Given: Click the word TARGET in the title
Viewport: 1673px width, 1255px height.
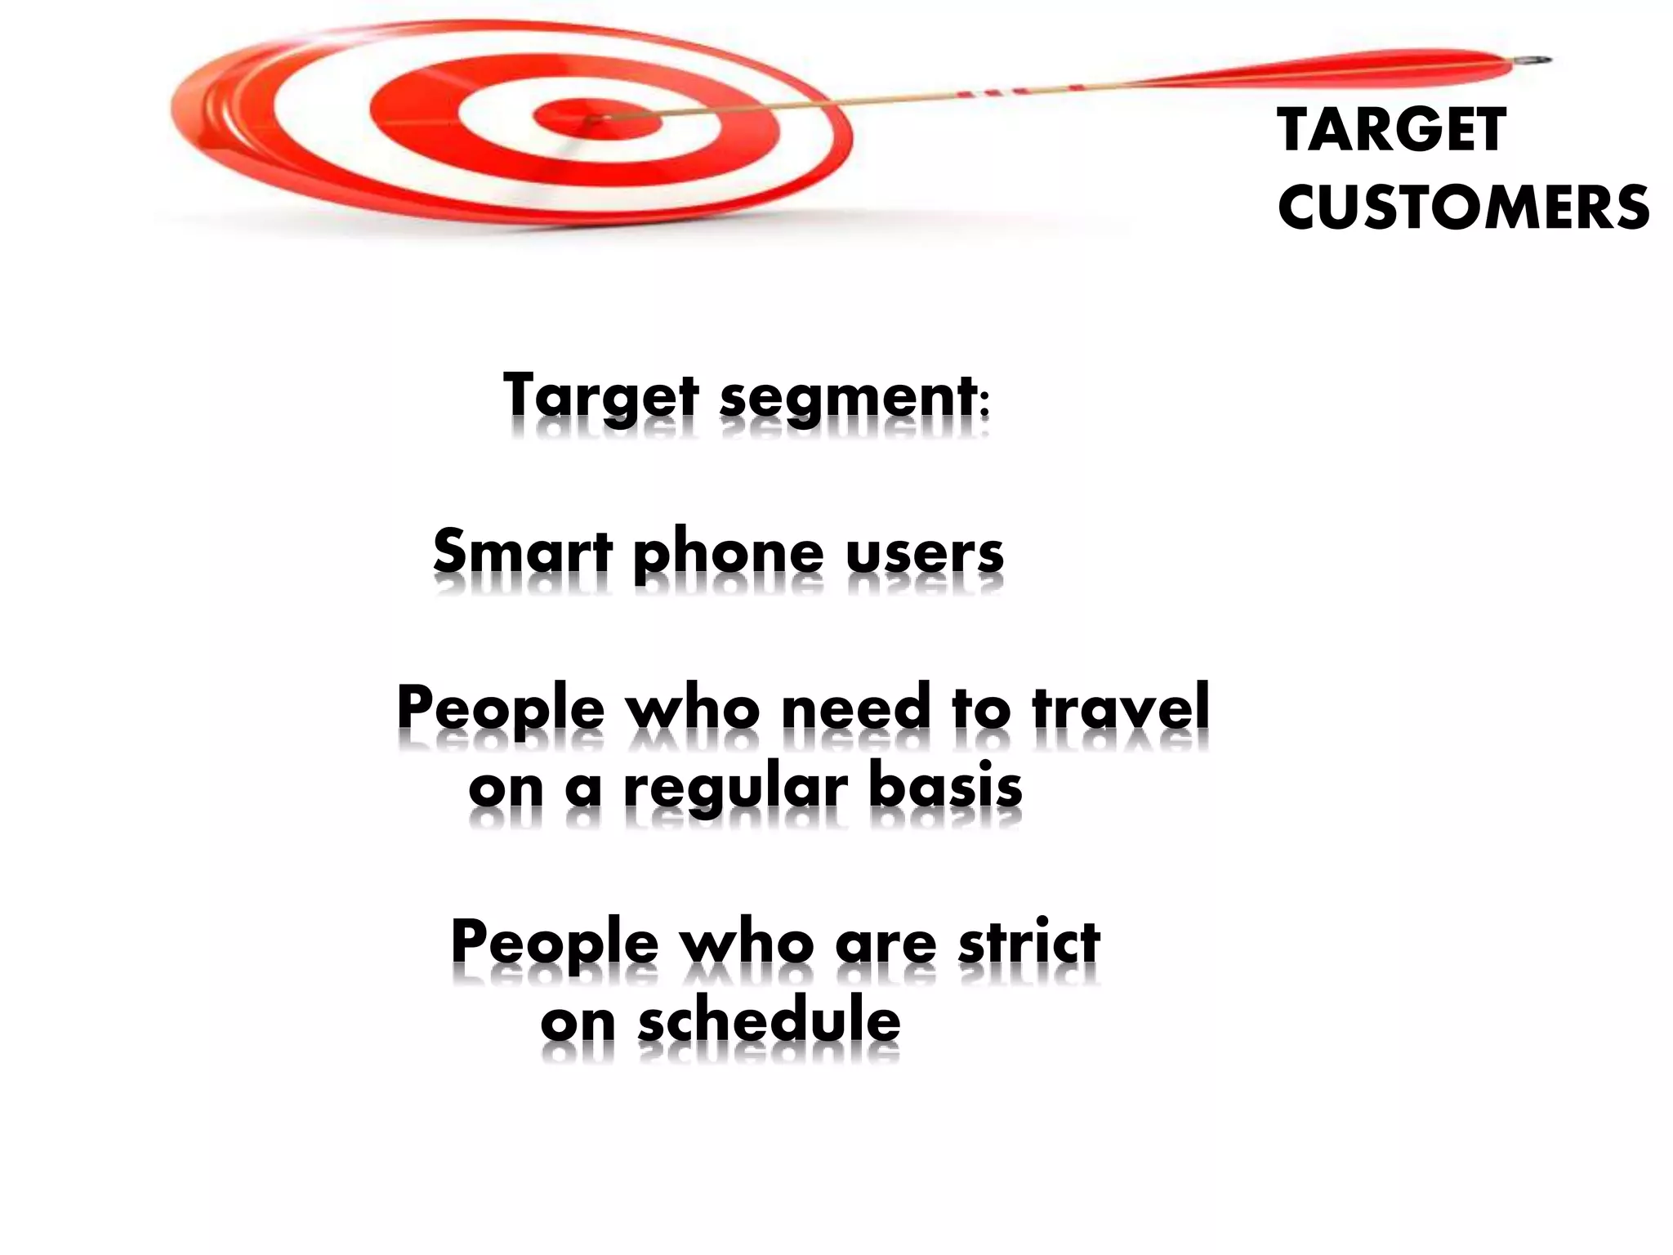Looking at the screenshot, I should (x=1391, y=131).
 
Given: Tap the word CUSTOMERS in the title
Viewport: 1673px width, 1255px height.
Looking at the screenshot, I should (x=1462, y=207).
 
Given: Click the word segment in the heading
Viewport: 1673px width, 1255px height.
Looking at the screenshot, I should (x=850, y=398).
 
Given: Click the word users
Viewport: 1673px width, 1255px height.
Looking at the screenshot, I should (x=924, y=553).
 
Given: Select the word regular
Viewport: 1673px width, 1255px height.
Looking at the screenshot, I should (x=735, y=789).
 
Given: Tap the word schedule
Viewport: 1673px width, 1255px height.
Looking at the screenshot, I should (x=769, y=1021).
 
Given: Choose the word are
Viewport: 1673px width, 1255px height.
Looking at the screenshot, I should (x=886, y=945).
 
